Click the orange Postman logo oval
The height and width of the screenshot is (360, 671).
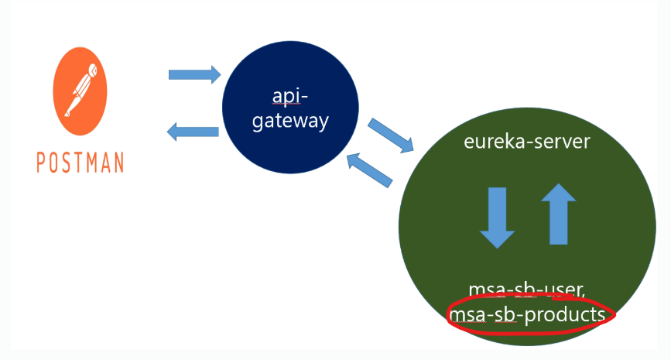click(x=80, y=91)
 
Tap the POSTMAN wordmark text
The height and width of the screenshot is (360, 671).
click(x=80, y=163)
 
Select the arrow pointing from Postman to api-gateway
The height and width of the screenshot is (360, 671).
click(x=195, y=74)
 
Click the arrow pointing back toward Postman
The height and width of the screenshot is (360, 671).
click(x=193, y=132)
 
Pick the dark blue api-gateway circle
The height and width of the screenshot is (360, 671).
click(x=290, y=107)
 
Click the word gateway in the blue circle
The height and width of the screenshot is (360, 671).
click(x=290, y=121)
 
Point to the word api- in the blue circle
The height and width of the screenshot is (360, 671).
click(x=290, y=96)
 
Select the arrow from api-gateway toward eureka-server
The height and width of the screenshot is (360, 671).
click(x=391, y=135)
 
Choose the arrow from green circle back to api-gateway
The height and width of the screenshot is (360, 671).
click(x=369, y=170)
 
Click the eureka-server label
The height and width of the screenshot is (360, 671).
click(x=527, y=142)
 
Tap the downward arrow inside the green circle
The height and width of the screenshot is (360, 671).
click(x=497, y=218)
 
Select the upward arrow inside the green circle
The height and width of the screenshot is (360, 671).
click(x=559, y=214)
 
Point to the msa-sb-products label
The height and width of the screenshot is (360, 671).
click(x=527, y=314)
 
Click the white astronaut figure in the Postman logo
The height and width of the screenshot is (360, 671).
click(x=81, y=90)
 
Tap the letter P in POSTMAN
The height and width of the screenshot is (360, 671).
click(x=41, y=163)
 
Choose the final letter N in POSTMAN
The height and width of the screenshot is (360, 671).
click(x=118, y=163)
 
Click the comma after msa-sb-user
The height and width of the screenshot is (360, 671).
click(x=583, y=294)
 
